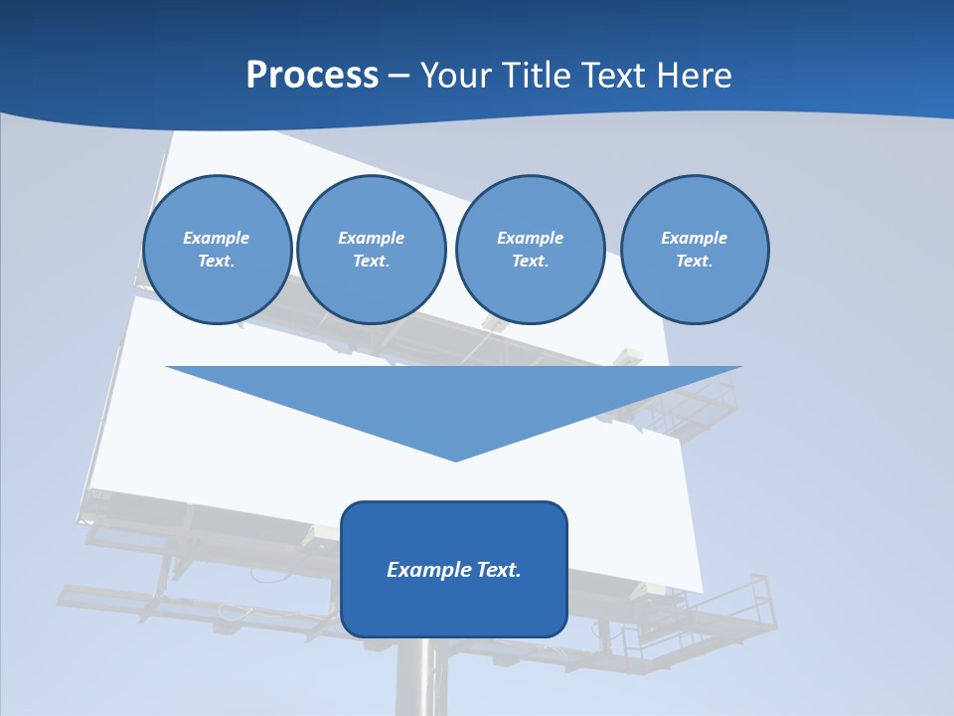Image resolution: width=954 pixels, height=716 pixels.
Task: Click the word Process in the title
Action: point(312,76)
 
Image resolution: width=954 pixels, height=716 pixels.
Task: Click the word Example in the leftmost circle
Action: point(216,238)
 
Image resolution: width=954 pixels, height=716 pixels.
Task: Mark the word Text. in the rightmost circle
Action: point(694,261)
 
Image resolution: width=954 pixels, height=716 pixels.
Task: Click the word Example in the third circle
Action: point(530,238)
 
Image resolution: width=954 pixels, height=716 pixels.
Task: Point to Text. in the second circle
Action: point(371,261)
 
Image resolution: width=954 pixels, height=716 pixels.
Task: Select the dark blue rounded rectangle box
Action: point(454,607)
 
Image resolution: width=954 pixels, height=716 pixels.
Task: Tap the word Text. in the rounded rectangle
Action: point(499,570)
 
